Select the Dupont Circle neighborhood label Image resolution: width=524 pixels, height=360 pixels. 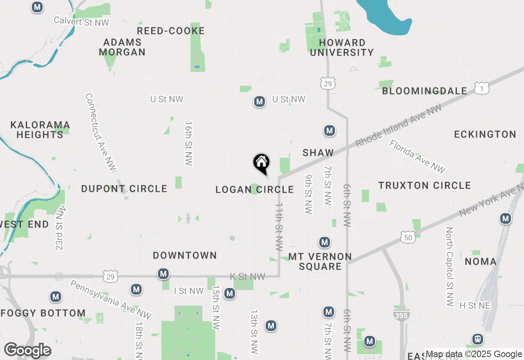click(124, 189)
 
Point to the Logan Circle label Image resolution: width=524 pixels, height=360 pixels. click(255, 189)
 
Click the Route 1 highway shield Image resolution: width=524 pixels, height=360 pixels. click(482, 88)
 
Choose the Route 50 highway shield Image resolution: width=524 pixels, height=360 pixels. click(409, 237)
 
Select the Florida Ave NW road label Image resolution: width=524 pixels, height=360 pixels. click(417, 157)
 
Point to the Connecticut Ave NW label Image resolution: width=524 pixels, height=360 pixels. click(101, 132)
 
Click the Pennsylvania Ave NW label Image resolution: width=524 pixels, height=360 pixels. click(111, 299)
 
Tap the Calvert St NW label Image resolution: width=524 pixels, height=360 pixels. click(81, 21)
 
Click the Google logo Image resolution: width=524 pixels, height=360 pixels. click(28, 350)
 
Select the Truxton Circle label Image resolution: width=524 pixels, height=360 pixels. click(425, 185)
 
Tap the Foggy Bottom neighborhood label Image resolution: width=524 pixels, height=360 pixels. click(43, 313)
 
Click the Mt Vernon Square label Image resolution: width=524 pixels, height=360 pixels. click(320, 261)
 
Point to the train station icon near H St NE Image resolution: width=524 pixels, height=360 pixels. click(477, 339)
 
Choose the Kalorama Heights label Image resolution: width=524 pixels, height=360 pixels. click(40, 129)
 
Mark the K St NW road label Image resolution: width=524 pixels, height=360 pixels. click(248, 277)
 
